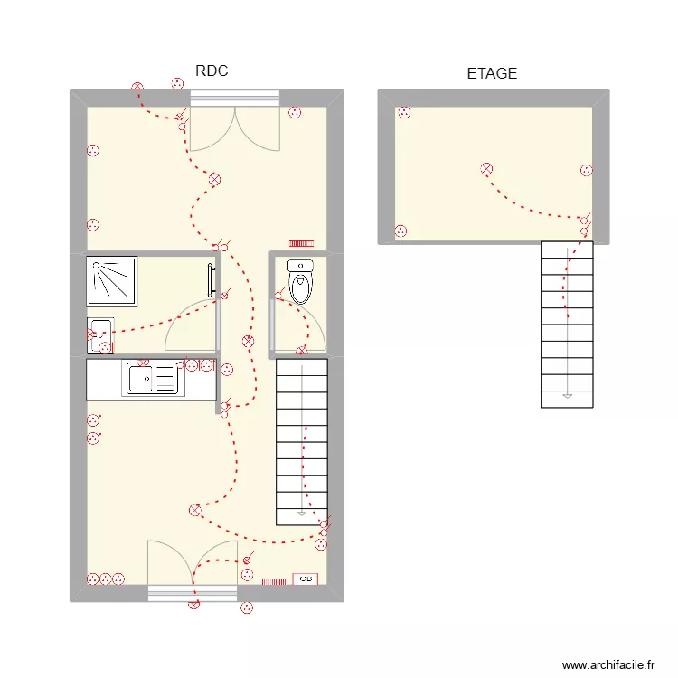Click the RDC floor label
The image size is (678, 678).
[x=211, y=71]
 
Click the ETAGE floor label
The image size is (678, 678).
[x=492, y=74]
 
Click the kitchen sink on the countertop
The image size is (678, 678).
[x=153, y=378]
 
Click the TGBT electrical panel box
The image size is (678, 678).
[x=306, y=579]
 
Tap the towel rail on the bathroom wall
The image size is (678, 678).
[x=211, y=280]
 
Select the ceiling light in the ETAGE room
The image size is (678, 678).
[x=486, y=169]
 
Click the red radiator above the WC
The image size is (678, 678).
[x=300, y=243]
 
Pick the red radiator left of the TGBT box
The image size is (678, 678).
[x=275, y=581]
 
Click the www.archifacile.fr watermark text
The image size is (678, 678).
[x=608, y=664]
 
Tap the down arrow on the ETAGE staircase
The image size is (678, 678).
[x=567, y=395]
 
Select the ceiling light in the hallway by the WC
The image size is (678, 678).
[x=248, y=342]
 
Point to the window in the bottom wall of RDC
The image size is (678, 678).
[x=193, y=593]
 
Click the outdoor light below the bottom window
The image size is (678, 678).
[x=193, y=606]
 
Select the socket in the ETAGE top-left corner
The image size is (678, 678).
[x=404, y=113]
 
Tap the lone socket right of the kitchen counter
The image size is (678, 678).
[x=227, y=369]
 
